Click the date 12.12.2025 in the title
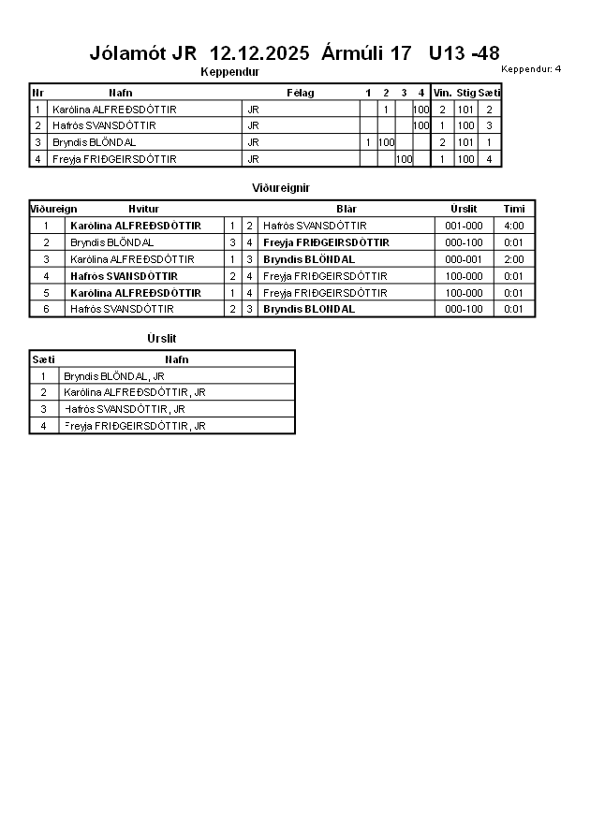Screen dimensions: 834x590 (x=259, y=53)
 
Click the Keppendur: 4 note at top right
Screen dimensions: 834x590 (x=531, y=68)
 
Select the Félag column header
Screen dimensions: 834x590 (x=300, y=93)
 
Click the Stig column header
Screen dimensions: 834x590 (x=465, y=93)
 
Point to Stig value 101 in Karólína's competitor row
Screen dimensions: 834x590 (x=465, y=110)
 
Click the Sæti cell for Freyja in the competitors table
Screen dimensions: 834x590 (x=489, y=159)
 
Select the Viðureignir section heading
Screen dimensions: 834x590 (x=281, y=188)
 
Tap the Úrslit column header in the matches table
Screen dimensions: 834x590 (x=464, y=209)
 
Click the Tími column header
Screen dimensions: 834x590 (x=514, y=209)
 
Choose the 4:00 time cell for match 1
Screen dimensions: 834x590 (x=514, y=226)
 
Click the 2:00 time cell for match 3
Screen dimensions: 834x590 (x=514, y=259)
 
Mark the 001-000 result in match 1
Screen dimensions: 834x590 (x=464, y=226)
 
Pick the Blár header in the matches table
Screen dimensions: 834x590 (x=347, y=209)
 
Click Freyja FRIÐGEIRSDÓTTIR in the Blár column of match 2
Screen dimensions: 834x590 (x=326, y=242)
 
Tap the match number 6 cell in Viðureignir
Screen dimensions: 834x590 (x=46, y=309)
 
